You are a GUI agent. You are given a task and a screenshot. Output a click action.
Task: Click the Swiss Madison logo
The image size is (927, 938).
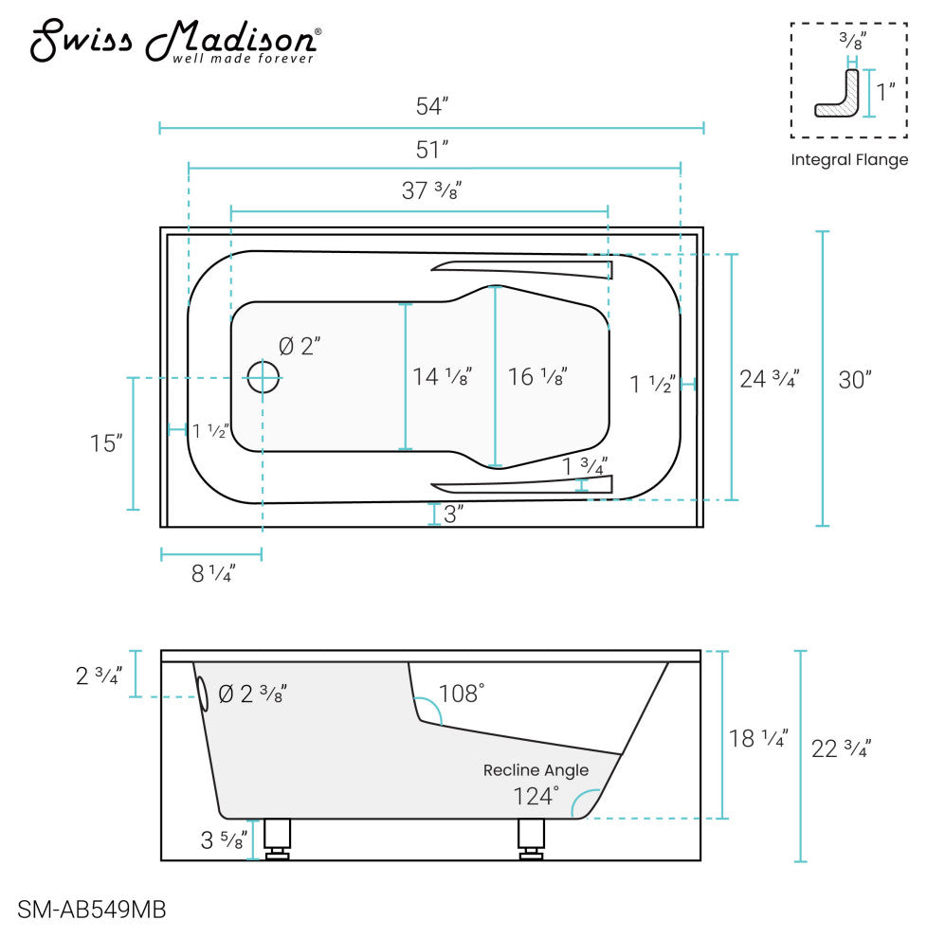pyautogui.click(x=175, y=41)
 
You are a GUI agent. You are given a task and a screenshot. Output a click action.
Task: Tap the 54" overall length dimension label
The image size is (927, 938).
pyautogui.click(x=432, y=106)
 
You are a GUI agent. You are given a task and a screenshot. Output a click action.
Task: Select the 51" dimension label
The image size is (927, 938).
pyautogui.click(x=432, y=150)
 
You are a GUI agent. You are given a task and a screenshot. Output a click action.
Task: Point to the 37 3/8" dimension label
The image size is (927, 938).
pyautogui.click(x=431, y=190)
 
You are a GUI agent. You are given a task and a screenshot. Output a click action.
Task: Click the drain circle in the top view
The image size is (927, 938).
pyautogui.click(x=263, y=377)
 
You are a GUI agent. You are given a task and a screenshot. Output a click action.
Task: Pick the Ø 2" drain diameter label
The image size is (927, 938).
pyautogui.click(x=300, y=346)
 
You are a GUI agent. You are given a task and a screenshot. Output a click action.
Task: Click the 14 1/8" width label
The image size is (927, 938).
pyautogui.click(x=443, y=376)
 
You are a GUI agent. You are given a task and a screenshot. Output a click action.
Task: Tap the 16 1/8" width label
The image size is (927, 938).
pyautogui.click(x=537, y=376)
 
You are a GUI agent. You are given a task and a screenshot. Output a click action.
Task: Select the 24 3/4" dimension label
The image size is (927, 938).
pyautogui.click(x=770, y=379)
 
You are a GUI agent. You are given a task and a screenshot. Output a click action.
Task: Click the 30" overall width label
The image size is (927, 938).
pyautogui.click(x=855, y=380)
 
